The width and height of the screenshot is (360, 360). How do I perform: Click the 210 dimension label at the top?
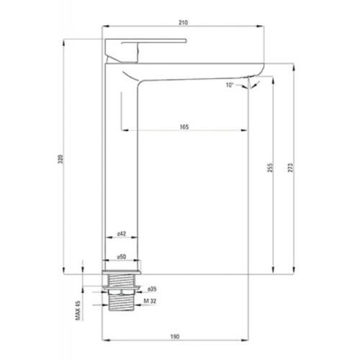[183, 22]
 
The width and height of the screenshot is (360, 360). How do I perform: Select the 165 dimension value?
[184, 127]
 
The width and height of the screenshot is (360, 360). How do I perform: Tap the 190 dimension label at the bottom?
[175, 336]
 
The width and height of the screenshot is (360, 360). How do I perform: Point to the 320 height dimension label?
[60, 159]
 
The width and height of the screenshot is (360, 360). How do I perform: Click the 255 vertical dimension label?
[270, 168]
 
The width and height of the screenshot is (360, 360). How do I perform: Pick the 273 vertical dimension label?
[290, 168]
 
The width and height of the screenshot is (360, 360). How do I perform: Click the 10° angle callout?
[230, 85]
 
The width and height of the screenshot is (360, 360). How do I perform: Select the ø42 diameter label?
[122, 233]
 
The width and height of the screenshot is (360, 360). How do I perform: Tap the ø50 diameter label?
[122, 256]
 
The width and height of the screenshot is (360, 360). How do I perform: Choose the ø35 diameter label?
[152, 289]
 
